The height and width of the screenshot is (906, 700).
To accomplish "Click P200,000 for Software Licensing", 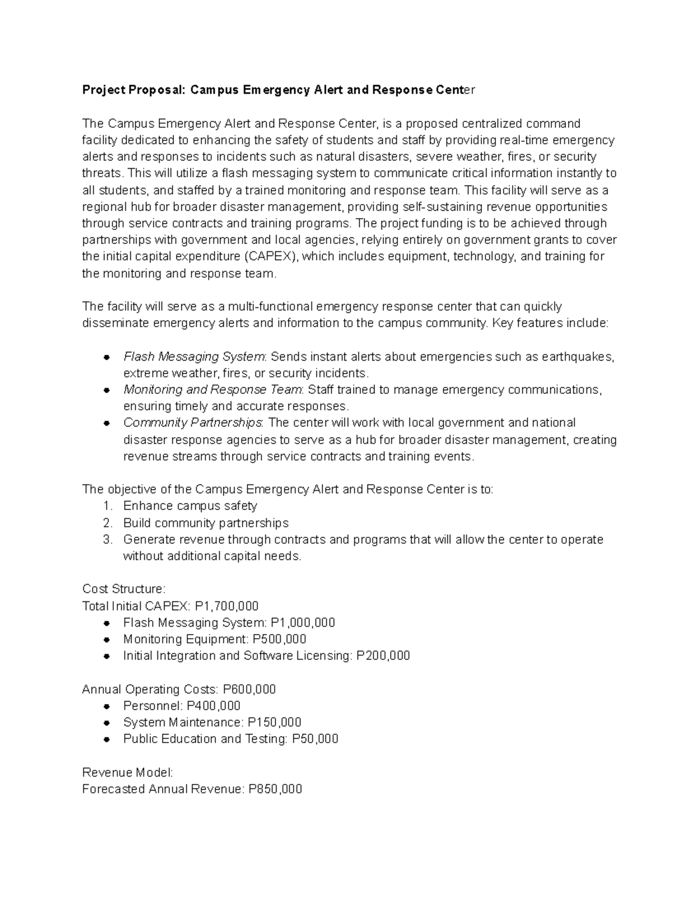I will point(383,656).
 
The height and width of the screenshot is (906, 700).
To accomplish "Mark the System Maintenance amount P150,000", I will point(274,722).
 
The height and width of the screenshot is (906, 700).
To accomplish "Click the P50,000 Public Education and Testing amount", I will point(315,739).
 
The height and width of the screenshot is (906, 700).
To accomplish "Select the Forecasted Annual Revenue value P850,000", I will point(275,789).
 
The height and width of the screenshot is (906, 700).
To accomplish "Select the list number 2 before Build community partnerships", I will point(107,523).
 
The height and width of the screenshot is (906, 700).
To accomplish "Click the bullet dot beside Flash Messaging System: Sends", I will point(107,357).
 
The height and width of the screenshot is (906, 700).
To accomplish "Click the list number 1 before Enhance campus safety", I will point(107,506).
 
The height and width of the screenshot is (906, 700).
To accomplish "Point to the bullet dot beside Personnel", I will point(107,706).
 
